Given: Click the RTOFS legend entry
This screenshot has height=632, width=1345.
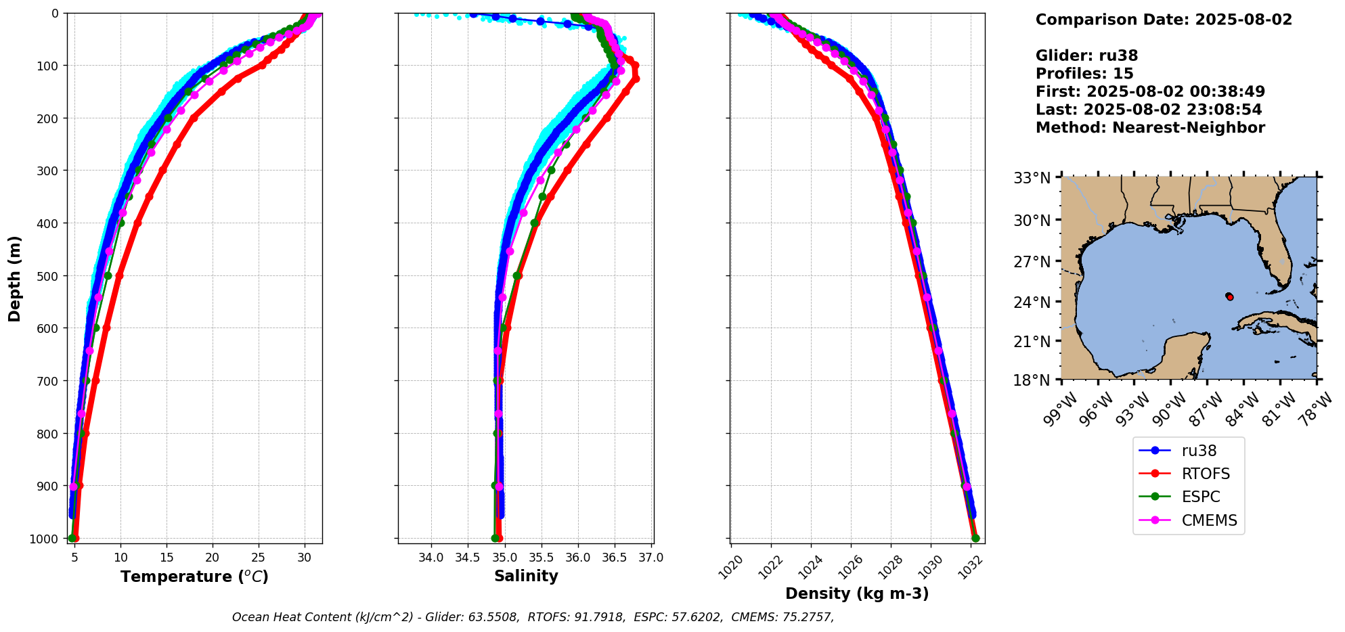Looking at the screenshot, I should tap(1205, 474).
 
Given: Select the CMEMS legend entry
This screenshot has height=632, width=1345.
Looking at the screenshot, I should tap(1209, 520).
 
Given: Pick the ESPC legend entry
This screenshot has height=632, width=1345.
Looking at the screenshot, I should tap(1201, 497).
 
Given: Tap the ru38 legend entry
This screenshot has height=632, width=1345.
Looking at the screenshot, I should tap(1199, 451).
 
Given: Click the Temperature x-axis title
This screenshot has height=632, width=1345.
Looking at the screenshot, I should tap(194, 577).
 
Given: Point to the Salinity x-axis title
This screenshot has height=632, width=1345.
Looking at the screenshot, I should tap(526, 576).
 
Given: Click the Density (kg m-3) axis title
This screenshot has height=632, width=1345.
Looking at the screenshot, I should tap(857, 593).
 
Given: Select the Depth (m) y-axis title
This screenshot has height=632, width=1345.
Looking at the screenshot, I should tap(15, 278).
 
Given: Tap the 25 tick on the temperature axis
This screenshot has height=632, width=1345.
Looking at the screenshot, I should tap(259, 558).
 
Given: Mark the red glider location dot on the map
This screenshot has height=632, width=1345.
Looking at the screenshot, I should tap(1229, 297).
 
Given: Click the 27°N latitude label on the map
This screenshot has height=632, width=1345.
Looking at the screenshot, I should tap(1032, 261).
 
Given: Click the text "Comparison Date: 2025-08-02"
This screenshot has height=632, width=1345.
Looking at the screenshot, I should tap(1164, 20).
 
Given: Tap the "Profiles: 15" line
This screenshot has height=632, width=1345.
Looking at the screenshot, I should tap(1084, 74).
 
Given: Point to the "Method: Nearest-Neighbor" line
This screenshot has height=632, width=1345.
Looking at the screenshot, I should tap(1149, 127).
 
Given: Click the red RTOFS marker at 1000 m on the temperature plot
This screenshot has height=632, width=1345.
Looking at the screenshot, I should tap(75, 538).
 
